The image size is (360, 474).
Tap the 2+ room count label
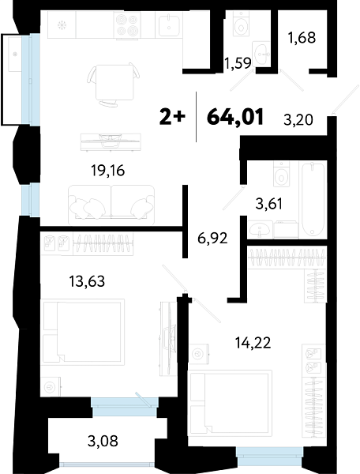click(x=172, y=117)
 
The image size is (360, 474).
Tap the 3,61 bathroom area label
click(x=268, y=205)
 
